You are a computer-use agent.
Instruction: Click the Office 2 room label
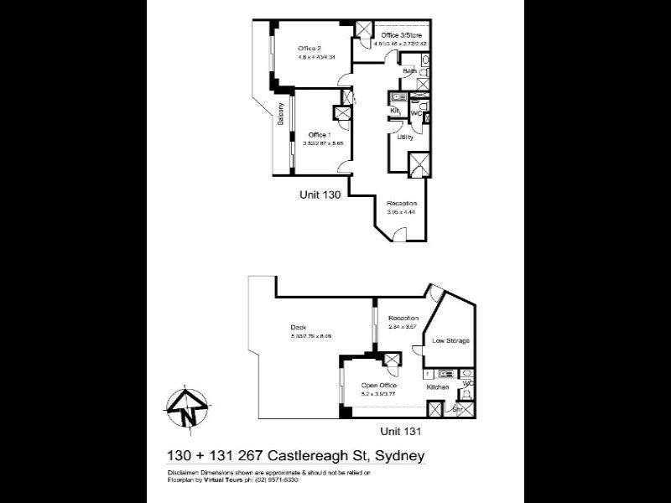point(310,48)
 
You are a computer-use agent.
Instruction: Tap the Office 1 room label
point(319,134)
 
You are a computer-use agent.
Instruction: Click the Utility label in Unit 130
point(405,137)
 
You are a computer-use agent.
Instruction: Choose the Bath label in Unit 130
point(409,71)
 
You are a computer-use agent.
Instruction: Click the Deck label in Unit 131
point(299,328)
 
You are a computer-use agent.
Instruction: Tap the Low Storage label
point(450,340)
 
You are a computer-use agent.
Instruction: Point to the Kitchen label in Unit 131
point(438,387)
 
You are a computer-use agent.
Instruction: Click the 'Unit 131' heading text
point(399,431)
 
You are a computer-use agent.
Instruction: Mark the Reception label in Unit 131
point(403,319)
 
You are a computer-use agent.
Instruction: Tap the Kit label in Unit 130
point(393,111)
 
